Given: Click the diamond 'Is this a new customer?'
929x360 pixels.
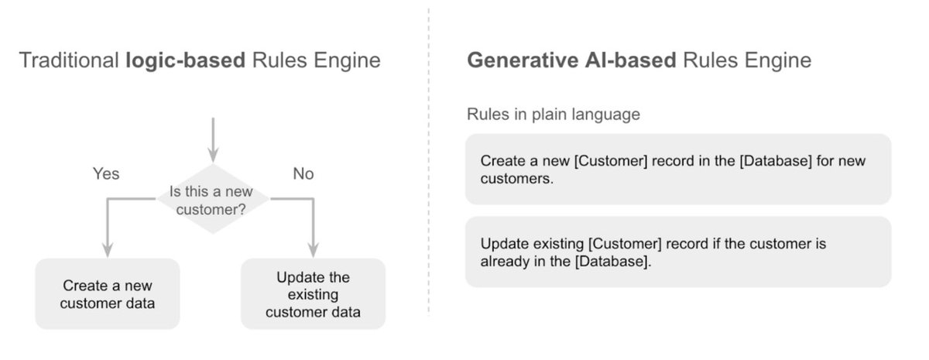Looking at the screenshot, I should (212, 199).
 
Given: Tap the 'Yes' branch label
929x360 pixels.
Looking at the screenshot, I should (106, 173).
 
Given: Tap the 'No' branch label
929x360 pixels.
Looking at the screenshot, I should (303, 173).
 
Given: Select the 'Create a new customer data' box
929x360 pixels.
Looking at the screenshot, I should (108, 294).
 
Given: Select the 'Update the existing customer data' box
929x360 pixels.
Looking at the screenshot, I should (313, 294).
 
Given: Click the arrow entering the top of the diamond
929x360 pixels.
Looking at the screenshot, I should (212, 139).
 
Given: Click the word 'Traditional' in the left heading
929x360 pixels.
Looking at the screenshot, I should (68, 60).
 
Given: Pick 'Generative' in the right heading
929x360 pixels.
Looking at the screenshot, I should (517, 60).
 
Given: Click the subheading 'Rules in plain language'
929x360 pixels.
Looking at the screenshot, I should (553, 115).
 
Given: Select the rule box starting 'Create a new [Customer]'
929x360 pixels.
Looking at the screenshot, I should (677, 170).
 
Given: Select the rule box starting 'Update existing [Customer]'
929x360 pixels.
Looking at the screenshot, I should (677, 252).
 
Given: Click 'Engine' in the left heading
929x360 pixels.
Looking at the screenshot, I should (346, 60).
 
